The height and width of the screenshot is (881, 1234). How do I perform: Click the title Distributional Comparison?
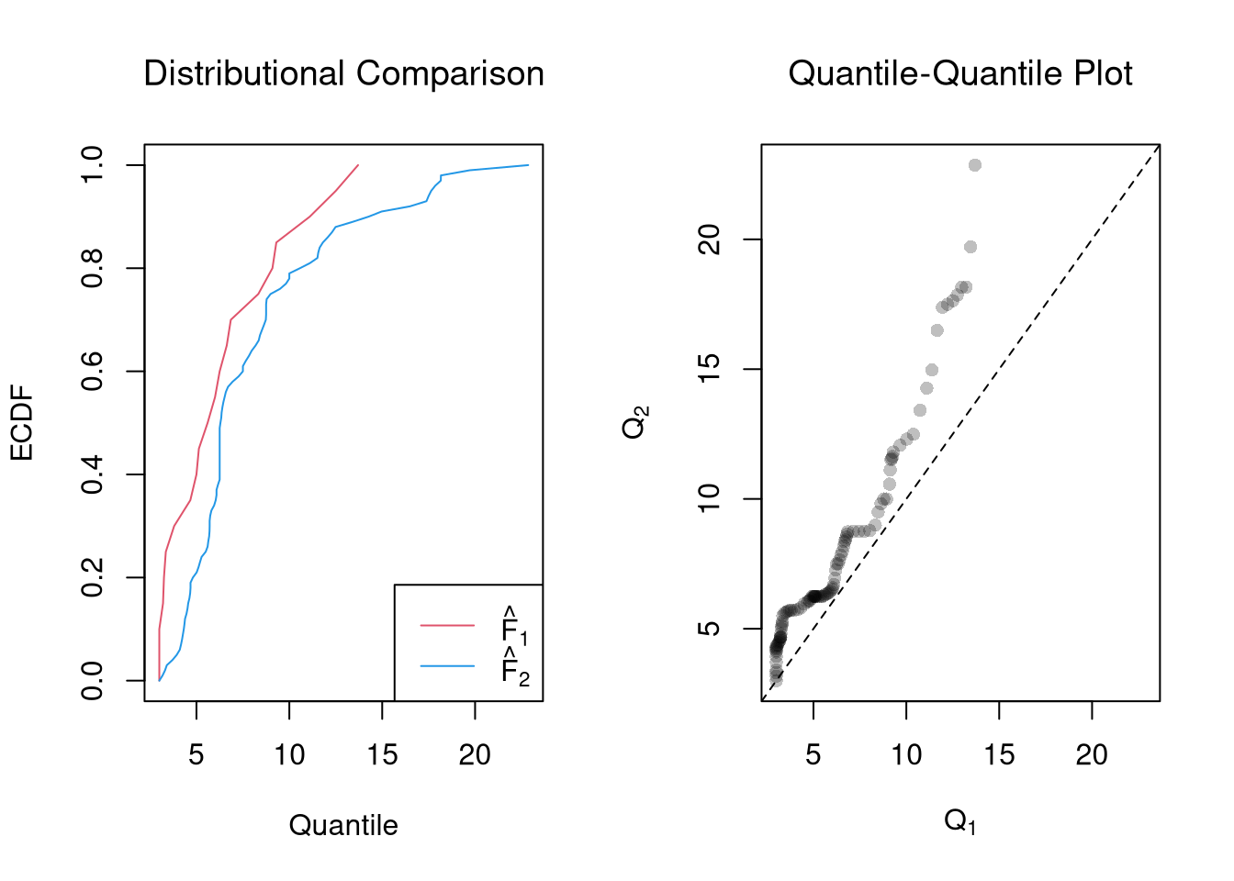pyautogui.click(x=343, y=73)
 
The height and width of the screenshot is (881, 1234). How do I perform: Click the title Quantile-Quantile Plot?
pyautogui.click(x=959, y=73)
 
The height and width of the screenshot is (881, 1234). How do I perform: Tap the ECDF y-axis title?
pyautogui.click(x=21, y=423)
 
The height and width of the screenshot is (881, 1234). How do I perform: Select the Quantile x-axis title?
pyautogui.click(x=343, y=825)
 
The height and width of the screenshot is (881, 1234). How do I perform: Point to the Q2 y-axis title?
pyautogui.click(x=635, y=423)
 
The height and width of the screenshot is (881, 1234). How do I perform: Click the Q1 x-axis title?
pyautogui.click(x=959, y=820)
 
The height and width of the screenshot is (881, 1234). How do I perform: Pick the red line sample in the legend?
pyautogui.click(x=447, y=626)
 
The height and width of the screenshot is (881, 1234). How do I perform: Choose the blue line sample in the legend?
pyautogui.click(x=447, y=666)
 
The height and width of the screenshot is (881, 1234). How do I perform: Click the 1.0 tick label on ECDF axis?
pyautogui.click(x=93, y=165)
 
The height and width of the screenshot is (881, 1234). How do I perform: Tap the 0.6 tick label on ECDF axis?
pyautogui.click(x=93, y=372)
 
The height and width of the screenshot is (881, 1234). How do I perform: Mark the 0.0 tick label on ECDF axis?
pyautogui.click(x=93, y=681)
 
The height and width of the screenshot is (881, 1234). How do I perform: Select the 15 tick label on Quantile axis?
pyautogui.click(x=382, y=755)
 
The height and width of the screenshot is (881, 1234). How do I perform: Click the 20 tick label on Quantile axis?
pyautogui.click(x=475, y=755)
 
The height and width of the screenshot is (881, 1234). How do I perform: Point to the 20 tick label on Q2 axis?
pyautogui.click(x=710, y=240)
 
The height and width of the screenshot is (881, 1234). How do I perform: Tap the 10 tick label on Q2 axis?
pyautogui.click(x=710, y=499)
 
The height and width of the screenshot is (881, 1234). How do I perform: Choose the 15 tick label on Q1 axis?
pyautogui.click(x=999, y=755)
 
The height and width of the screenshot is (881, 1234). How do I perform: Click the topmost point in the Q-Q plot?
pyautogui.click(x=975, y=165)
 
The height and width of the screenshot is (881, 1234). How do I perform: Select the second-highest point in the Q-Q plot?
pyautogui.click(x=970, y=247)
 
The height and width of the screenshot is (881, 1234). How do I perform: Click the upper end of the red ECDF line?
pyautogui.click(x=358, y=165)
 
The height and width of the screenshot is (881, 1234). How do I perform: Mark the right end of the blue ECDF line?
pyautogui.click(x=529, y=165)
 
